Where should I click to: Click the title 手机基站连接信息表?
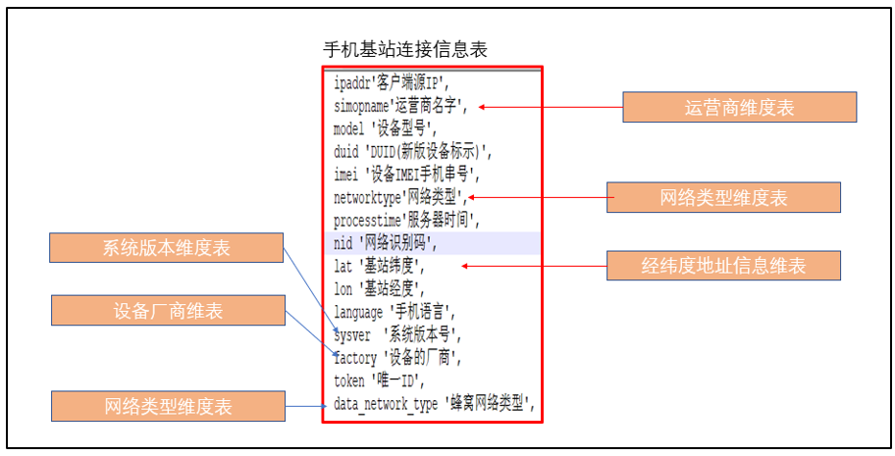point(404,49)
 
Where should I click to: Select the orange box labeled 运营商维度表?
point(740,107)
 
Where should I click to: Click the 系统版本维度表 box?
point(167,248)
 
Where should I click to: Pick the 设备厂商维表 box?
point(168,311)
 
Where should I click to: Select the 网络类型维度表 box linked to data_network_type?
point(168,405)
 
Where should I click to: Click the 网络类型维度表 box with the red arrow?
point(724,198)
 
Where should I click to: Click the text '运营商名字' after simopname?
point(429,106)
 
